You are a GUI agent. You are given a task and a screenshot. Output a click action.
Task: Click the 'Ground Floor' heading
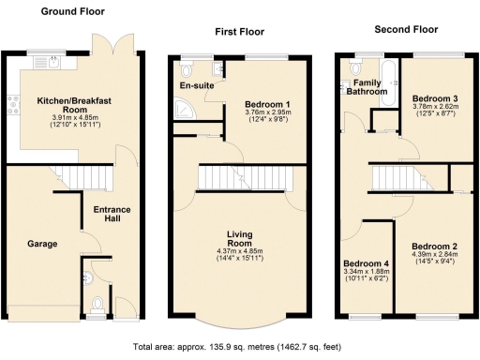coord(72,12)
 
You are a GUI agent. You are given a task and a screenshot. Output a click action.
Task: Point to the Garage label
coord(41,244)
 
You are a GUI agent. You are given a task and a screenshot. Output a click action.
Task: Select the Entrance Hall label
coord(112,214)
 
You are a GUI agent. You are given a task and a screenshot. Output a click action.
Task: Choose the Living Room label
coord(240,238)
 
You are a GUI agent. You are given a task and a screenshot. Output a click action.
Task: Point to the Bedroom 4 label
coord(365,263)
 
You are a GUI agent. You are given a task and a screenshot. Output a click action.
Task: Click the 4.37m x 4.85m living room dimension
coord(240,250)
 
